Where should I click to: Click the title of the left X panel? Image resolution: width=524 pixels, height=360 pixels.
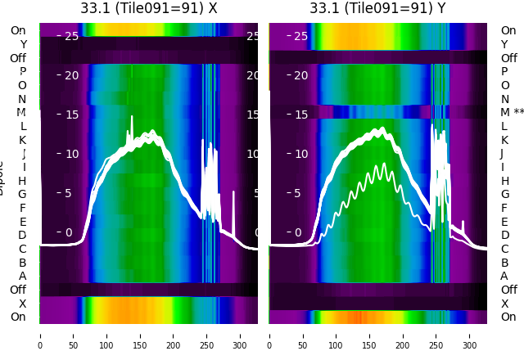[149, 8]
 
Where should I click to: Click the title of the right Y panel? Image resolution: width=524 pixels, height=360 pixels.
[378, 8]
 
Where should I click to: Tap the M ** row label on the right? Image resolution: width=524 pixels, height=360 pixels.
[512, 112]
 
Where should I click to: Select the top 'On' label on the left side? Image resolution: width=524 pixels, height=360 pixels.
[18, 30]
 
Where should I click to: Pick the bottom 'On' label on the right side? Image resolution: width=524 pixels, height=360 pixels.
[508, 317]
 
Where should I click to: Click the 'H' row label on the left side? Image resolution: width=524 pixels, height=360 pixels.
[22, 181]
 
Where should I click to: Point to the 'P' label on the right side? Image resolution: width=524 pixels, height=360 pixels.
[504, 71]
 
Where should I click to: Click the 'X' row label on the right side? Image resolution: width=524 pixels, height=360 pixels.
[504, 304]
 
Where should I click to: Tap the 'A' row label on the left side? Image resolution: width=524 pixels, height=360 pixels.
[22, 276]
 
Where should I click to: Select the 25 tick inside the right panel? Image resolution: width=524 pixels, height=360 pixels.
[300, 36]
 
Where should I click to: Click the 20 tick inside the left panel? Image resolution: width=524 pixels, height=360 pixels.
[71, 75]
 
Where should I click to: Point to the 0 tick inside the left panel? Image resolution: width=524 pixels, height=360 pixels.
[69, 232]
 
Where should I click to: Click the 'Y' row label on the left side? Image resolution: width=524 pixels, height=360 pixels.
[23, 44]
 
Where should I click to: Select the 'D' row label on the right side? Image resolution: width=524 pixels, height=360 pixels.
[504, 235]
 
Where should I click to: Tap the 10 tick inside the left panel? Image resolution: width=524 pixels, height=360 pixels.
[71, 154]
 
